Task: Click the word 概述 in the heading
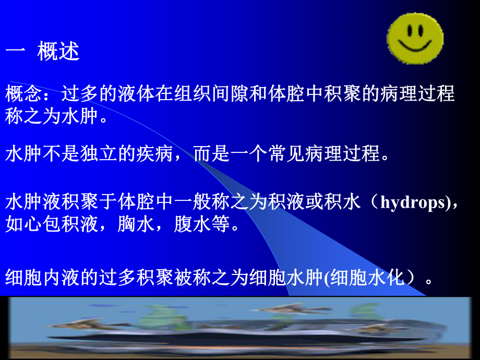58,52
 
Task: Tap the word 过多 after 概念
79,94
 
